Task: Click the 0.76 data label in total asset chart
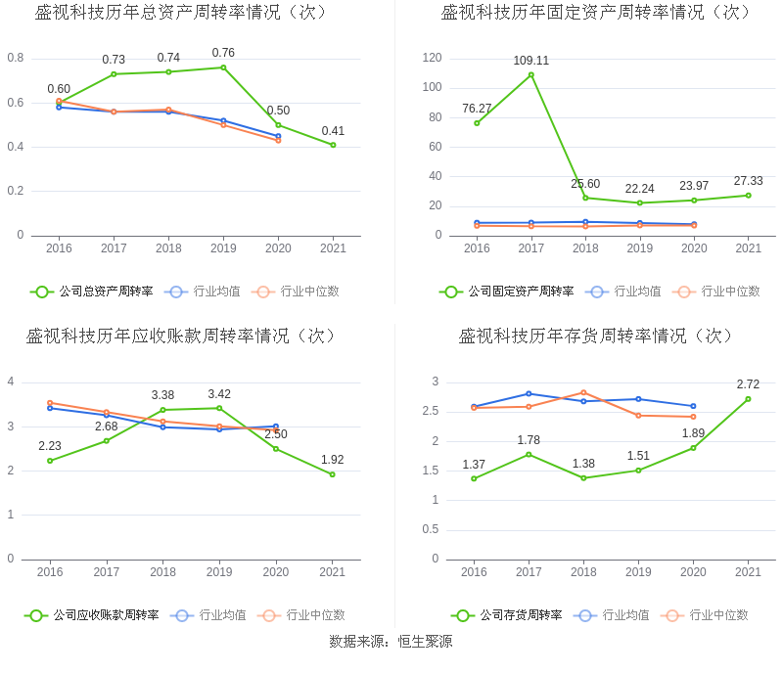(x=223, y=53)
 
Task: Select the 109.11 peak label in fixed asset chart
(x=531, y=61)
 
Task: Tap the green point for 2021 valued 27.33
(x=748, y=196)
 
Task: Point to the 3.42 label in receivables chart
(x=219, y=394)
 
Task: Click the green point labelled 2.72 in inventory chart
(x=748, y=399)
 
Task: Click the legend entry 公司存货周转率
(x=520, y=615)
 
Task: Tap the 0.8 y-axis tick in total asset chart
(x=16, y=58)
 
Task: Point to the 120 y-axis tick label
(x=433, y=58)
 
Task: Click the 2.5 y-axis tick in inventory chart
(x=429, y=411)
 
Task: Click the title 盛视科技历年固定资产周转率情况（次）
(x=597, y=13)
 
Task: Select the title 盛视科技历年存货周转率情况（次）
(x=597, y=337)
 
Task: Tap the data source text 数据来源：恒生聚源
(x=391, y=643)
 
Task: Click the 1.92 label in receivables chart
(x=333, y=460)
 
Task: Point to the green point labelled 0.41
(x=333, y=145)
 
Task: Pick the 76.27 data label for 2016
(x=477, y=109)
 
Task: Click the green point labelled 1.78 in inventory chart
(x=529, y=454)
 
